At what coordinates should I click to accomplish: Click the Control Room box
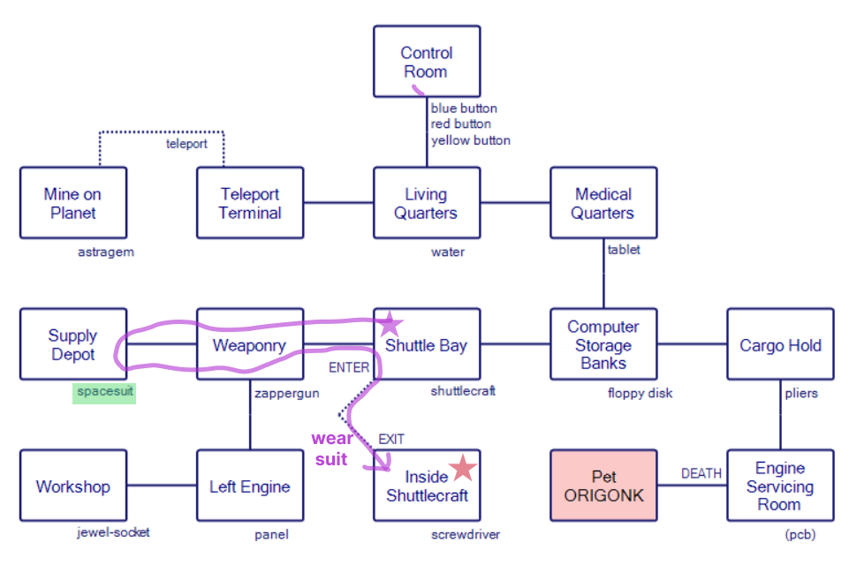point(426,61)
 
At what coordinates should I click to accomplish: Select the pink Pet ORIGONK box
point(604,485)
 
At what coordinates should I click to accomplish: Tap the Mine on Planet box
point(73,203)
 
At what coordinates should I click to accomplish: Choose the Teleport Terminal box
point(250,203)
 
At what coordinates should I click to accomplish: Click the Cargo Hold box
point(780,344)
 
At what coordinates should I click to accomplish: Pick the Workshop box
point(73,486)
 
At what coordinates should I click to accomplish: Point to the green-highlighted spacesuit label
point(104,391)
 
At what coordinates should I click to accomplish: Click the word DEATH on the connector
point(701,474)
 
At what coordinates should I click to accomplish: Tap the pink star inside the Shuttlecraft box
point(462,469)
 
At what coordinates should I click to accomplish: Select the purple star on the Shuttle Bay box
point(390,325)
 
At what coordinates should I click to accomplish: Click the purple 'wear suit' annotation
point(332,448)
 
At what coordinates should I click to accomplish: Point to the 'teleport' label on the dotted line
point(186,144)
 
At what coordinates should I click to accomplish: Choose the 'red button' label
point(460,124)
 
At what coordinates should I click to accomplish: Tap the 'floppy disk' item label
point(640,393)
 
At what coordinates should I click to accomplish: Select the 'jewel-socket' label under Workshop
point(112,532)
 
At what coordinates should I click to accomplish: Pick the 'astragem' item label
point(105,252)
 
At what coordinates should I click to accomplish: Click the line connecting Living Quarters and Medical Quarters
point(515,203)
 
